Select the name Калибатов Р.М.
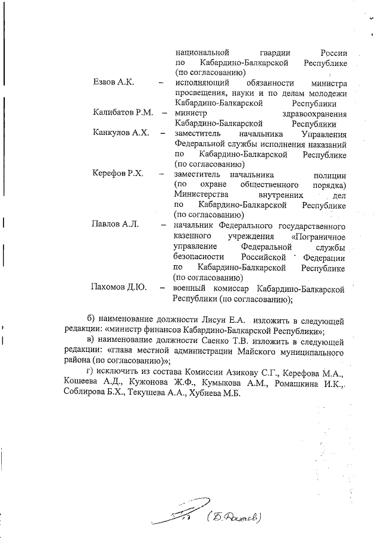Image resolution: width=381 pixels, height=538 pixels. (x=123, y=112)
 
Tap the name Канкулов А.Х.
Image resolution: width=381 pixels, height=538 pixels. (x=120, y=133)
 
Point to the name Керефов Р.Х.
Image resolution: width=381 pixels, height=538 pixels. (x=118, y=174)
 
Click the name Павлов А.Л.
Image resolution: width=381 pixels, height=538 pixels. (x=114, y=224)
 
